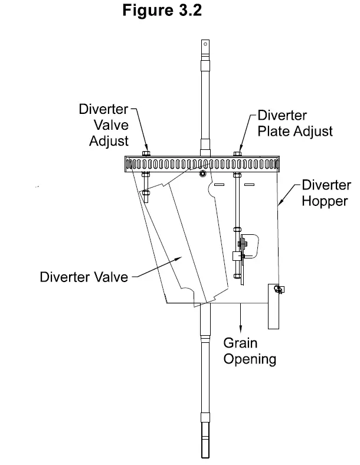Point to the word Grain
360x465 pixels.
240,343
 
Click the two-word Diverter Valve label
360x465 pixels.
84,276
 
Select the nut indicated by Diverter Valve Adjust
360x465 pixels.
146,155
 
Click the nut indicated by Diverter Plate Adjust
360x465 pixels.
237,155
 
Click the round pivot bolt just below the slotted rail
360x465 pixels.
202,174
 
